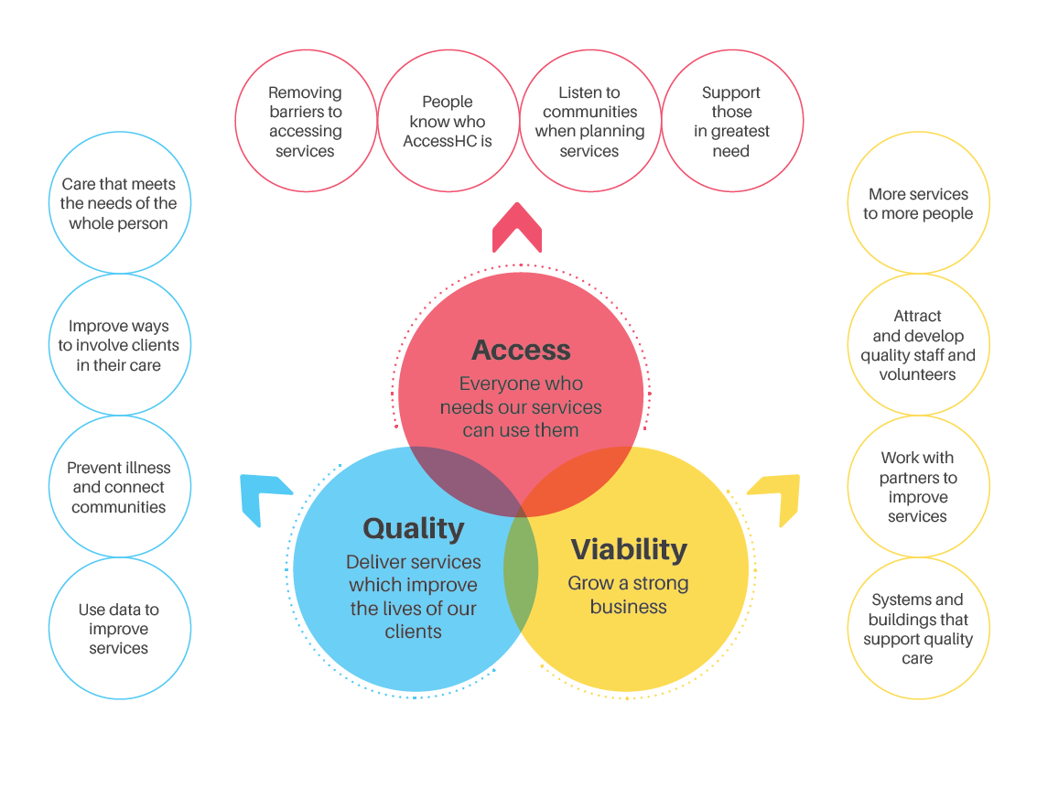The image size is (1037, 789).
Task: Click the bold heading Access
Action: [x=521, y=350]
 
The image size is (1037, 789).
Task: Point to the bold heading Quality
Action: [x=414, y=528]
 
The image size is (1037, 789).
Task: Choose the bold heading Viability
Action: [x=629, y=549]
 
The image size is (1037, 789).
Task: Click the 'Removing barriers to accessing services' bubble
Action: [x=307, y=121]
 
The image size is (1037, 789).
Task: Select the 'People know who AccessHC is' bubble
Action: [x=448, y=121]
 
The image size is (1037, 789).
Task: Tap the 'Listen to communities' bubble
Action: [x=590, y=121]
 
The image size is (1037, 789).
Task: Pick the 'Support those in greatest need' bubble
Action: [x=732, y=121]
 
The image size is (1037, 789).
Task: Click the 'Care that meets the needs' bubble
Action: [x=120, y=202]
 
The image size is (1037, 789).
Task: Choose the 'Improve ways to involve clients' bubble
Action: [x=120, y=344]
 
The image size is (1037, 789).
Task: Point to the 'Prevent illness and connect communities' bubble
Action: [x=120, y=486]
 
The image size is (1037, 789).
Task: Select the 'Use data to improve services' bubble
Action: [x=120, y=628]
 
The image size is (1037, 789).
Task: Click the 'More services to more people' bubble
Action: [x=919, y=202]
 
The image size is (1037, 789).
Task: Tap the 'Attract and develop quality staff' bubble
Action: [x=919, y=344]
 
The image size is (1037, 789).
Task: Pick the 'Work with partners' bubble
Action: [x=919, y=486]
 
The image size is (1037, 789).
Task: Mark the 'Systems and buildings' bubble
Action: [x=919, y=628]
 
